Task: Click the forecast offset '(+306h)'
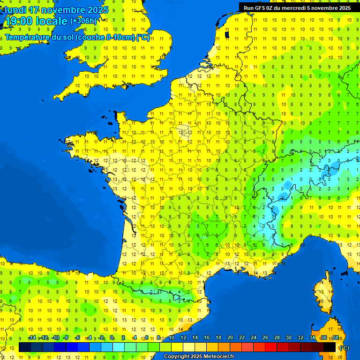click(83, 21)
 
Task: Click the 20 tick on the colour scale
click(230, 338)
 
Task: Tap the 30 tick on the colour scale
click(288, 338)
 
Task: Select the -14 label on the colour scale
click(32, 338)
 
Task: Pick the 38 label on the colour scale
click(335, 338)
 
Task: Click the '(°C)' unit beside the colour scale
click(344, 347)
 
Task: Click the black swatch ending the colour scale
click(330, 347)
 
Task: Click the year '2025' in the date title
click(97, 10)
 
